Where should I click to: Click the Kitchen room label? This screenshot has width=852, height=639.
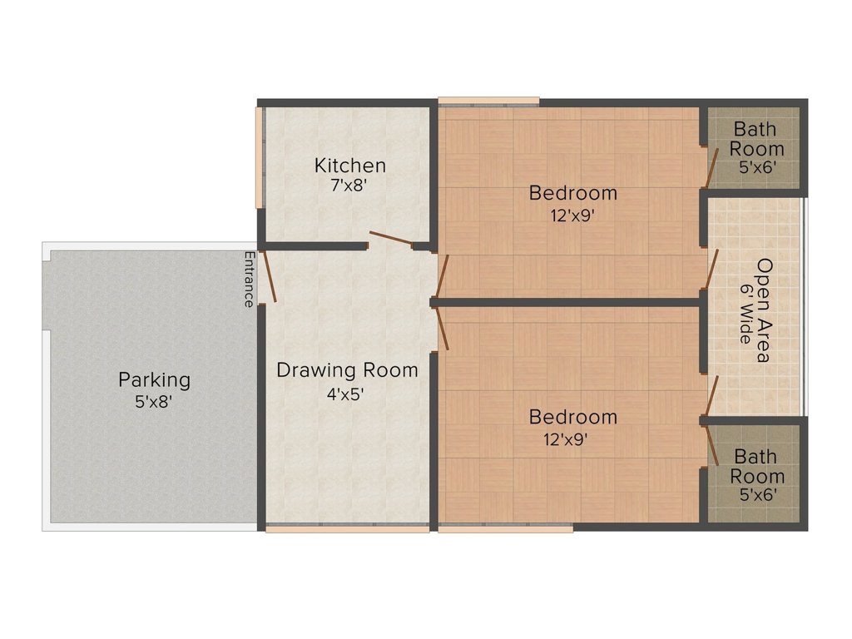350,166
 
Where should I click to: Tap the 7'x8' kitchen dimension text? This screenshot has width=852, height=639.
350,186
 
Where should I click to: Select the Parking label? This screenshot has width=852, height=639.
155,379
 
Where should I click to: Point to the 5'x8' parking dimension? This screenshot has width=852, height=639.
154,402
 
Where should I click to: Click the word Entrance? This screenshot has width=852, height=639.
250,280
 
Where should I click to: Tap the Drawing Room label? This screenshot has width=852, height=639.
347,370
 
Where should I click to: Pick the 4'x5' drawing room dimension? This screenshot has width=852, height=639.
345,393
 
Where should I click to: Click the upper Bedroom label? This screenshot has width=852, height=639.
573,193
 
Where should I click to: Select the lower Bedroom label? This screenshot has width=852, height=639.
573,417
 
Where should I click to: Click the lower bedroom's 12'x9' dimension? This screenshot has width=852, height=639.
566,439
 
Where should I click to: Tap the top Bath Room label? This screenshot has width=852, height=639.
756,139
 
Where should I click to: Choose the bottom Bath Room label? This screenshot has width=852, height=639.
757,466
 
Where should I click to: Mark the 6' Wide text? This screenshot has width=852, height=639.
745,314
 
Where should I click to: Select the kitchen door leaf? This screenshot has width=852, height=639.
391,239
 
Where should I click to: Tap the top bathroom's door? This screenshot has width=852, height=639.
711,167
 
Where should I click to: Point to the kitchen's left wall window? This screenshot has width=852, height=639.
259,157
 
